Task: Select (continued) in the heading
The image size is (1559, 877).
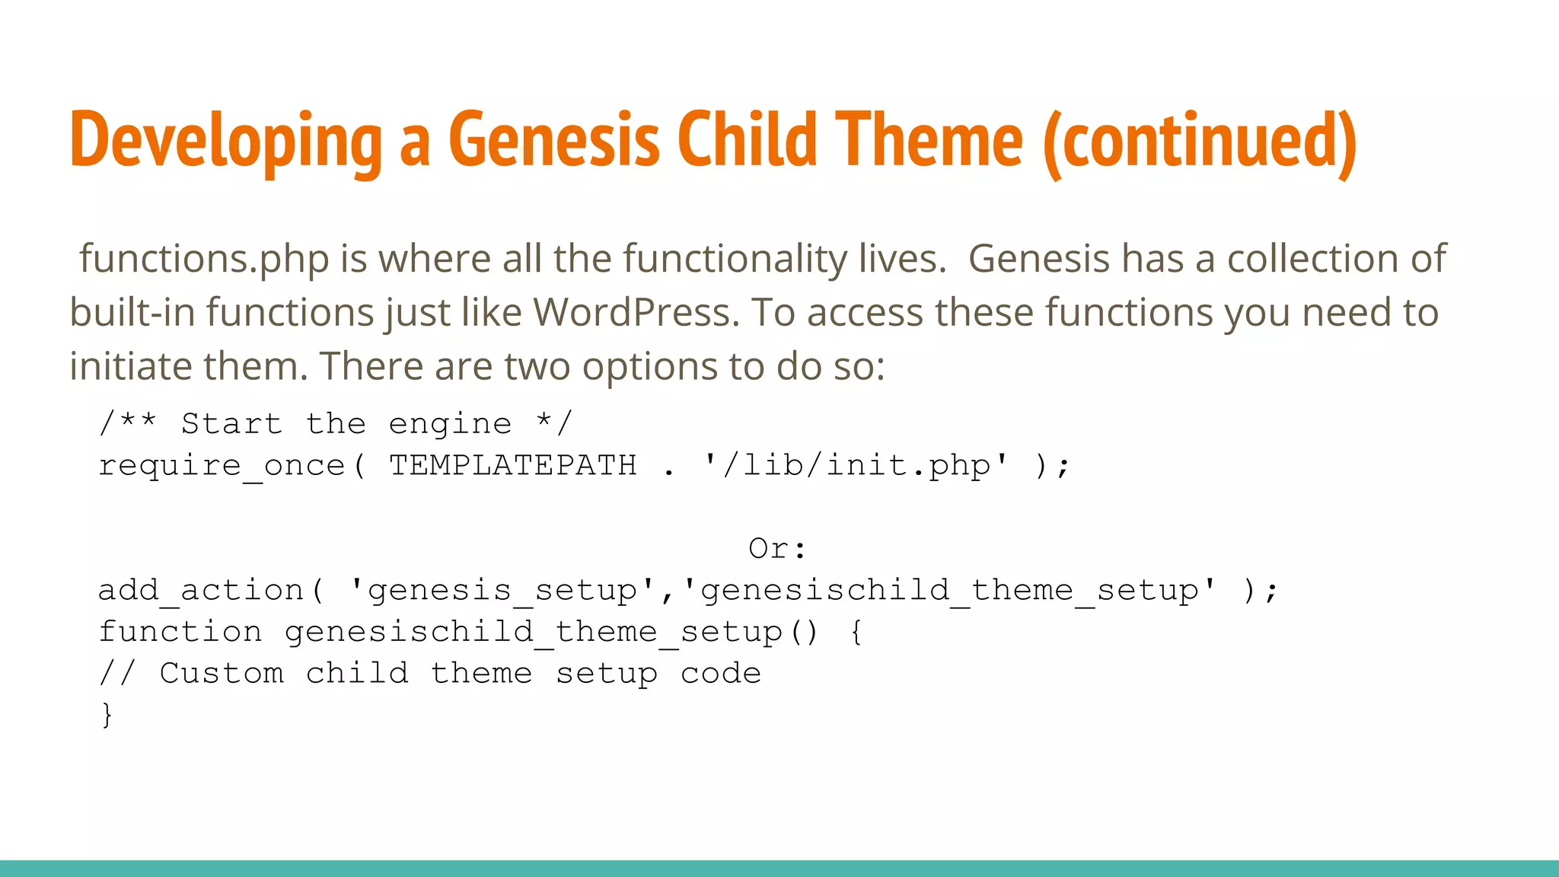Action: (1200, 141)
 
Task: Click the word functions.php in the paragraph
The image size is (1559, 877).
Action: (204, 260)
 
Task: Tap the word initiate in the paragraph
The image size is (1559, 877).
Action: (129, 366)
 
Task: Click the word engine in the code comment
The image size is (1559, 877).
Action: (450, 424)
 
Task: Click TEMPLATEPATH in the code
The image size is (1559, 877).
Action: (513, 466)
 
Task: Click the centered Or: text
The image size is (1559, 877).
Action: (777, 549)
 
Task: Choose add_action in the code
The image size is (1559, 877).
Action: (201, 591)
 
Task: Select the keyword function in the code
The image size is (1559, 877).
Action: (180, 632)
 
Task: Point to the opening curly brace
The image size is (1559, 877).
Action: (856, 632)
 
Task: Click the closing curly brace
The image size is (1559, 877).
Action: (107, 715)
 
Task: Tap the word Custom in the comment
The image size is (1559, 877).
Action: (222, 674)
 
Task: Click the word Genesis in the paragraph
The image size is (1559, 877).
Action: (1038, 260)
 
